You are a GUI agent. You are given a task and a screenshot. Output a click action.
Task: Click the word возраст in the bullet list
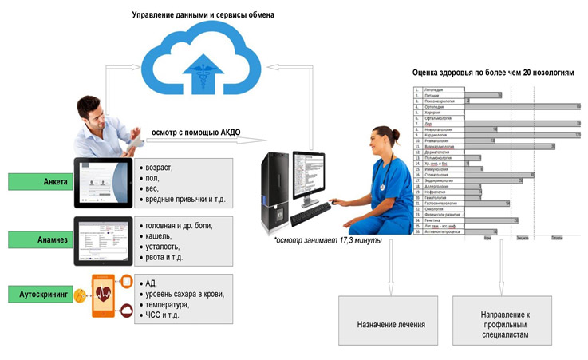(x=160, y=168)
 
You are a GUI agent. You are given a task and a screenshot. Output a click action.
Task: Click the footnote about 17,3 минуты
(x=327, y=240)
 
